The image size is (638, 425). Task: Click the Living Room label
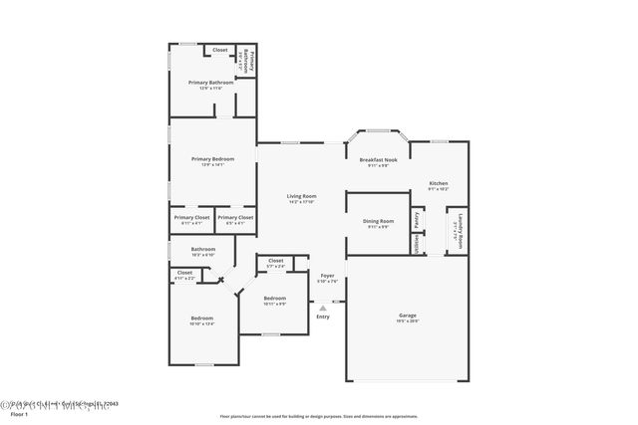301,196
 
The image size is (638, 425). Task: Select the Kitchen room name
439,183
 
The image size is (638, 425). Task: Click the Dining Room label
378,221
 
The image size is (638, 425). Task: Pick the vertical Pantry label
417,219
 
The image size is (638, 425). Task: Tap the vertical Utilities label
417,245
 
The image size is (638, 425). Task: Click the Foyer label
326,275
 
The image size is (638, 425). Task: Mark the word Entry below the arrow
323,317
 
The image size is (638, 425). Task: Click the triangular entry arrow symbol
323,308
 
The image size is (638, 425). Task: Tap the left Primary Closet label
191,217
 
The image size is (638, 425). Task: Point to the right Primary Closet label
235,217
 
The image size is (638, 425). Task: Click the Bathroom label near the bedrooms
203,249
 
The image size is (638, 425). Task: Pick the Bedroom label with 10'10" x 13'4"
201,319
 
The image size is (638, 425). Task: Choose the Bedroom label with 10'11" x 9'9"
274,298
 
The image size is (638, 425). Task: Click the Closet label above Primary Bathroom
219,50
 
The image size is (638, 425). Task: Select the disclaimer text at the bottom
319,417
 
